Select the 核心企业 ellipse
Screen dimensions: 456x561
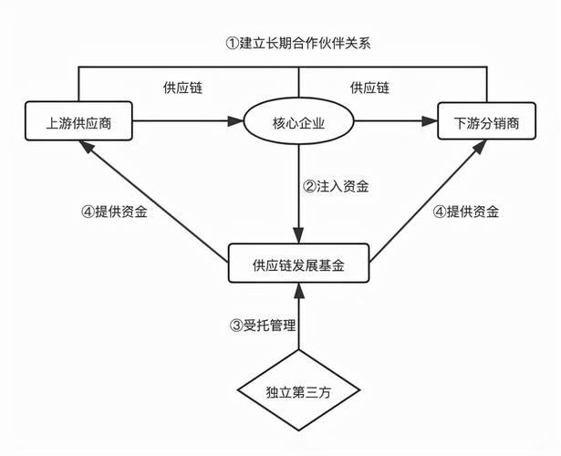(x=298, y=122)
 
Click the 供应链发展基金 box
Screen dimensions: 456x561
(x=298, y=264)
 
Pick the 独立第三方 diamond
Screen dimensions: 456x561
(x=298, y=391)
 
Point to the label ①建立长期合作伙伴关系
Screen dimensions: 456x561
(x=297, y=43)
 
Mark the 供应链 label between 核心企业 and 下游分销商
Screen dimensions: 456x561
(x=369, y=88)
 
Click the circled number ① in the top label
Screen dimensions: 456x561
(x=231, y=43)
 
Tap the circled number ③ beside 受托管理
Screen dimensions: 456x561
(x=234, y=324)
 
